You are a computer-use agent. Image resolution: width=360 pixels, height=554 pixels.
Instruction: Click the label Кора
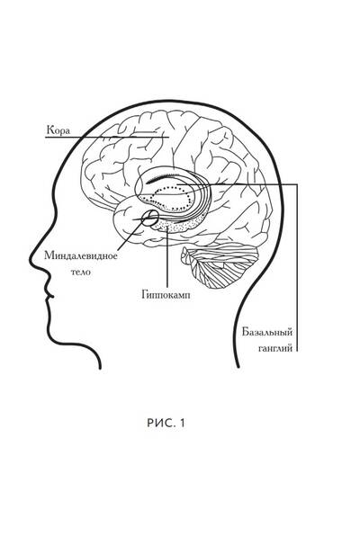tap(58, 130)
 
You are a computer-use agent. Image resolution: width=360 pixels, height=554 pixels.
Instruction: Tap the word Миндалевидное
tap(81, 255)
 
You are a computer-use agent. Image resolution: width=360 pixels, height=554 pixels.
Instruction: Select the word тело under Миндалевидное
tap(81, 272)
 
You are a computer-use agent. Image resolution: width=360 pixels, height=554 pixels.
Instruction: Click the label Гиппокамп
tap(166, 295)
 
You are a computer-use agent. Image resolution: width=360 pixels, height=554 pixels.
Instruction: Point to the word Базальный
tap(267, 333)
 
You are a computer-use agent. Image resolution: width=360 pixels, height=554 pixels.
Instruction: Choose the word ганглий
tap(275, 349)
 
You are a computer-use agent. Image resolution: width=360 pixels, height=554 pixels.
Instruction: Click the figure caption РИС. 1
tap(166, 423)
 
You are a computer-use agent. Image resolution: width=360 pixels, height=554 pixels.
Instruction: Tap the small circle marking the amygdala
tap(150, 218)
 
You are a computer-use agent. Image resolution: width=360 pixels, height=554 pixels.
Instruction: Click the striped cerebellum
tap(220, 265)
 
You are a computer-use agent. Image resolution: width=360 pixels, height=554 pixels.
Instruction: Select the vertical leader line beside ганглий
tap(297, 268)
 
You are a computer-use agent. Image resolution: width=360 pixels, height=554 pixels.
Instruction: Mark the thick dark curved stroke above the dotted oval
tap(161, 177)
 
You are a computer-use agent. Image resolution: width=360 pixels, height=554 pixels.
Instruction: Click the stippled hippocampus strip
tap(176, 226)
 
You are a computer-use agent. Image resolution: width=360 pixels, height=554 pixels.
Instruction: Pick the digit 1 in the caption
tap(182, 423)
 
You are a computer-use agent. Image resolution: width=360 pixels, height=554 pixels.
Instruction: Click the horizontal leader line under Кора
tap(107, 137)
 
